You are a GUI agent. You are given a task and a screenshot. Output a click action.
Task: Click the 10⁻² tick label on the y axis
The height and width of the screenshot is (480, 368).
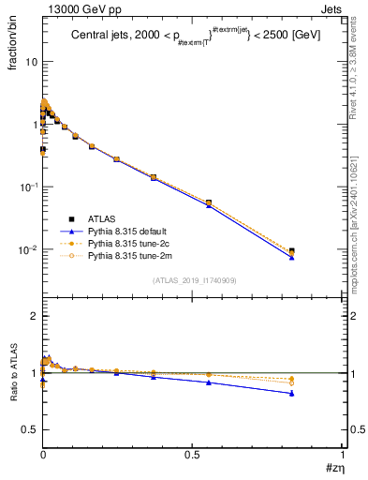point(28,249)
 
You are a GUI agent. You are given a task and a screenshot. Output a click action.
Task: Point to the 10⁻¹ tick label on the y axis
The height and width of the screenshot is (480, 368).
point(28,187)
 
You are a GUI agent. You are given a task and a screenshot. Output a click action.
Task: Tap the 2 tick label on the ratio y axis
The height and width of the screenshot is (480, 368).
point(35,316)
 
